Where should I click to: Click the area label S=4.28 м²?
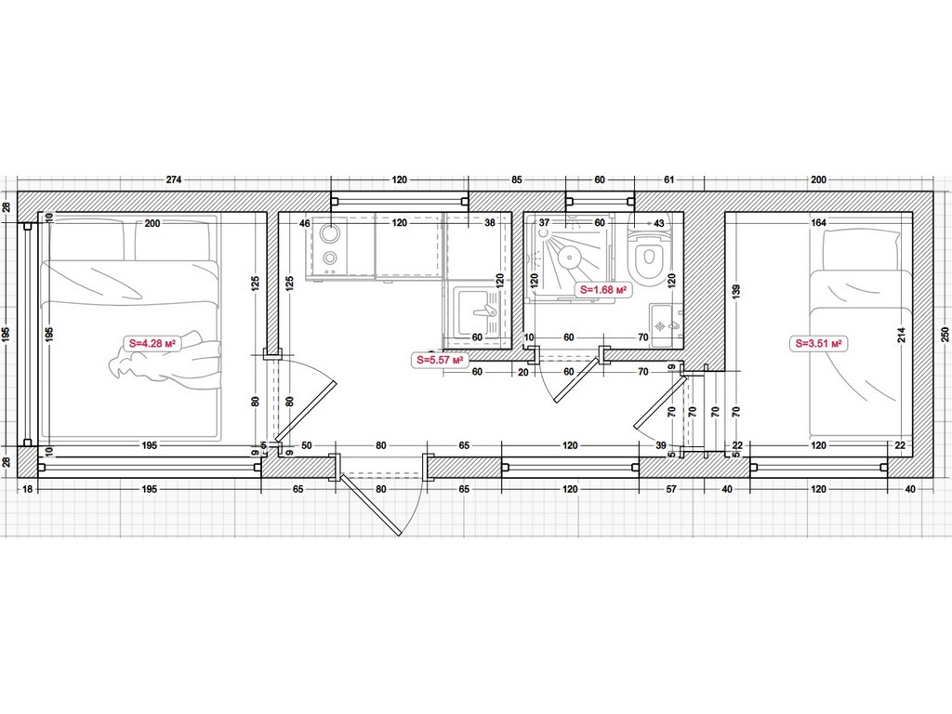coord(152,343)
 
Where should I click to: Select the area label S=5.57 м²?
coord(441,360)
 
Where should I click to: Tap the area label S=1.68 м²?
coord(602,290)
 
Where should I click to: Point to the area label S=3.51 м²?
coord(818,344)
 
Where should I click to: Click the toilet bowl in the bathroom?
coord(648,258)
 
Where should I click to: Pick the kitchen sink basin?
coord(477,311)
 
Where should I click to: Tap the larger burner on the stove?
coord(330,234)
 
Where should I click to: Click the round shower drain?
coord(570,257)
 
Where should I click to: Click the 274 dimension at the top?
coord(174,179)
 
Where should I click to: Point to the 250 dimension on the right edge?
coord(945,335)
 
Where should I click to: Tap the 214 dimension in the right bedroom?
coord(902,335)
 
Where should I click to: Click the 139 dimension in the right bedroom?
coord(735,291)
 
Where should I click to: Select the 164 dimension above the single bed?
coord(818,223)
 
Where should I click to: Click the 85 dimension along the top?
coord(517,179)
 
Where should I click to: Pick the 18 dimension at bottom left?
coord(27,489)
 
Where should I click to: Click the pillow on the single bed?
coord(860,249)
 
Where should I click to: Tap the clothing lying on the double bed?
coord(165,362)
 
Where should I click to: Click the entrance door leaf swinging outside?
coord(370,505)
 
